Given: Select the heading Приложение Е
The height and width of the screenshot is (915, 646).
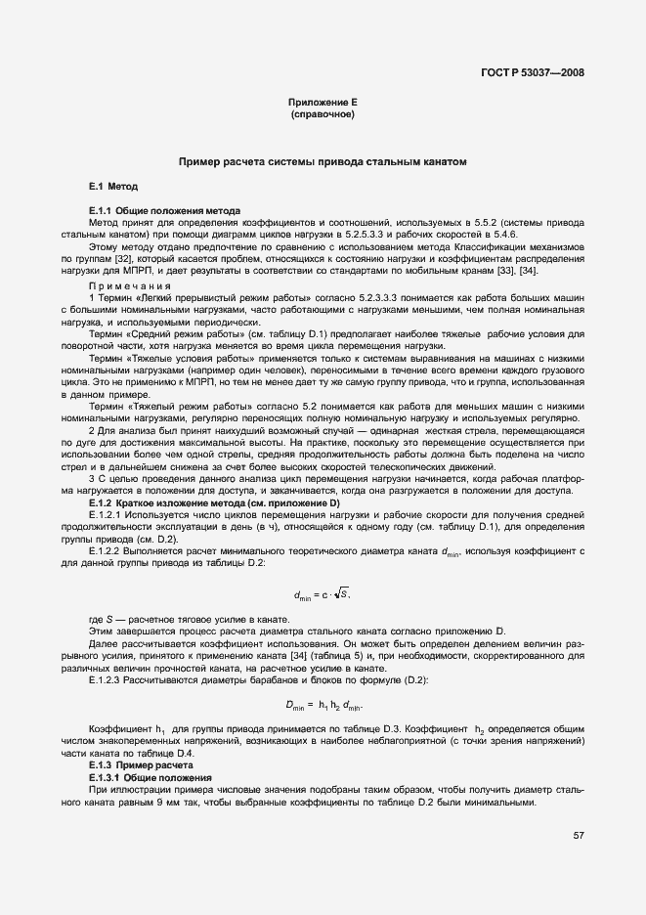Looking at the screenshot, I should pyautogui.click(x=322, y=103).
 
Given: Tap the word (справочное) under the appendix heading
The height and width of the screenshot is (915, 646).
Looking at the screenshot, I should pyautogui.click(x=322, y=114).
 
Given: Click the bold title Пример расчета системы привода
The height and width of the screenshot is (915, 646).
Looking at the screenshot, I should pyautogui.click(x=322, y=160).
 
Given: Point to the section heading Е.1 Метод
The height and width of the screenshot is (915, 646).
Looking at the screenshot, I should pyautogui.click(x=113, y=186).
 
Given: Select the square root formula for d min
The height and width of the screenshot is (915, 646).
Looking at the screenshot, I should pyautogui.click(x=322, y=592).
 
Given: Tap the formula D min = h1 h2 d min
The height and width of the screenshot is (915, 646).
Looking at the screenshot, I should pyautogui.click(x=323, y=704).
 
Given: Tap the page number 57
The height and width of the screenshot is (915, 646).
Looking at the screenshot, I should pyautogui.click(x=578, y=835).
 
